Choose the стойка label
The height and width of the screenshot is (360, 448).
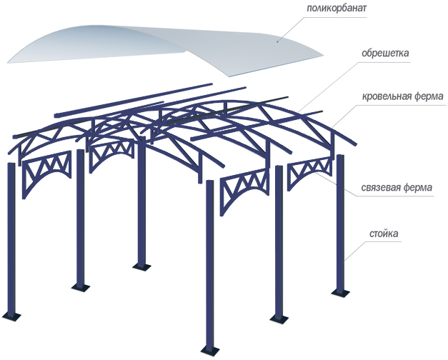click(x=384, y=234)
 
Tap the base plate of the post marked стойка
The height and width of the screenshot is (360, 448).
click(x=339, y=292)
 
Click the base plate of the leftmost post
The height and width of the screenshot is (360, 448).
click(x=11, y=316)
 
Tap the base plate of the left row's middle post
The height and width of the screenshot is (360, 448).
click(x=80, y=287)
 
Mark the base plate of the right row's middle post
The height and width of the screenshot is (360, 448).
click(x=279, y=317)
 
